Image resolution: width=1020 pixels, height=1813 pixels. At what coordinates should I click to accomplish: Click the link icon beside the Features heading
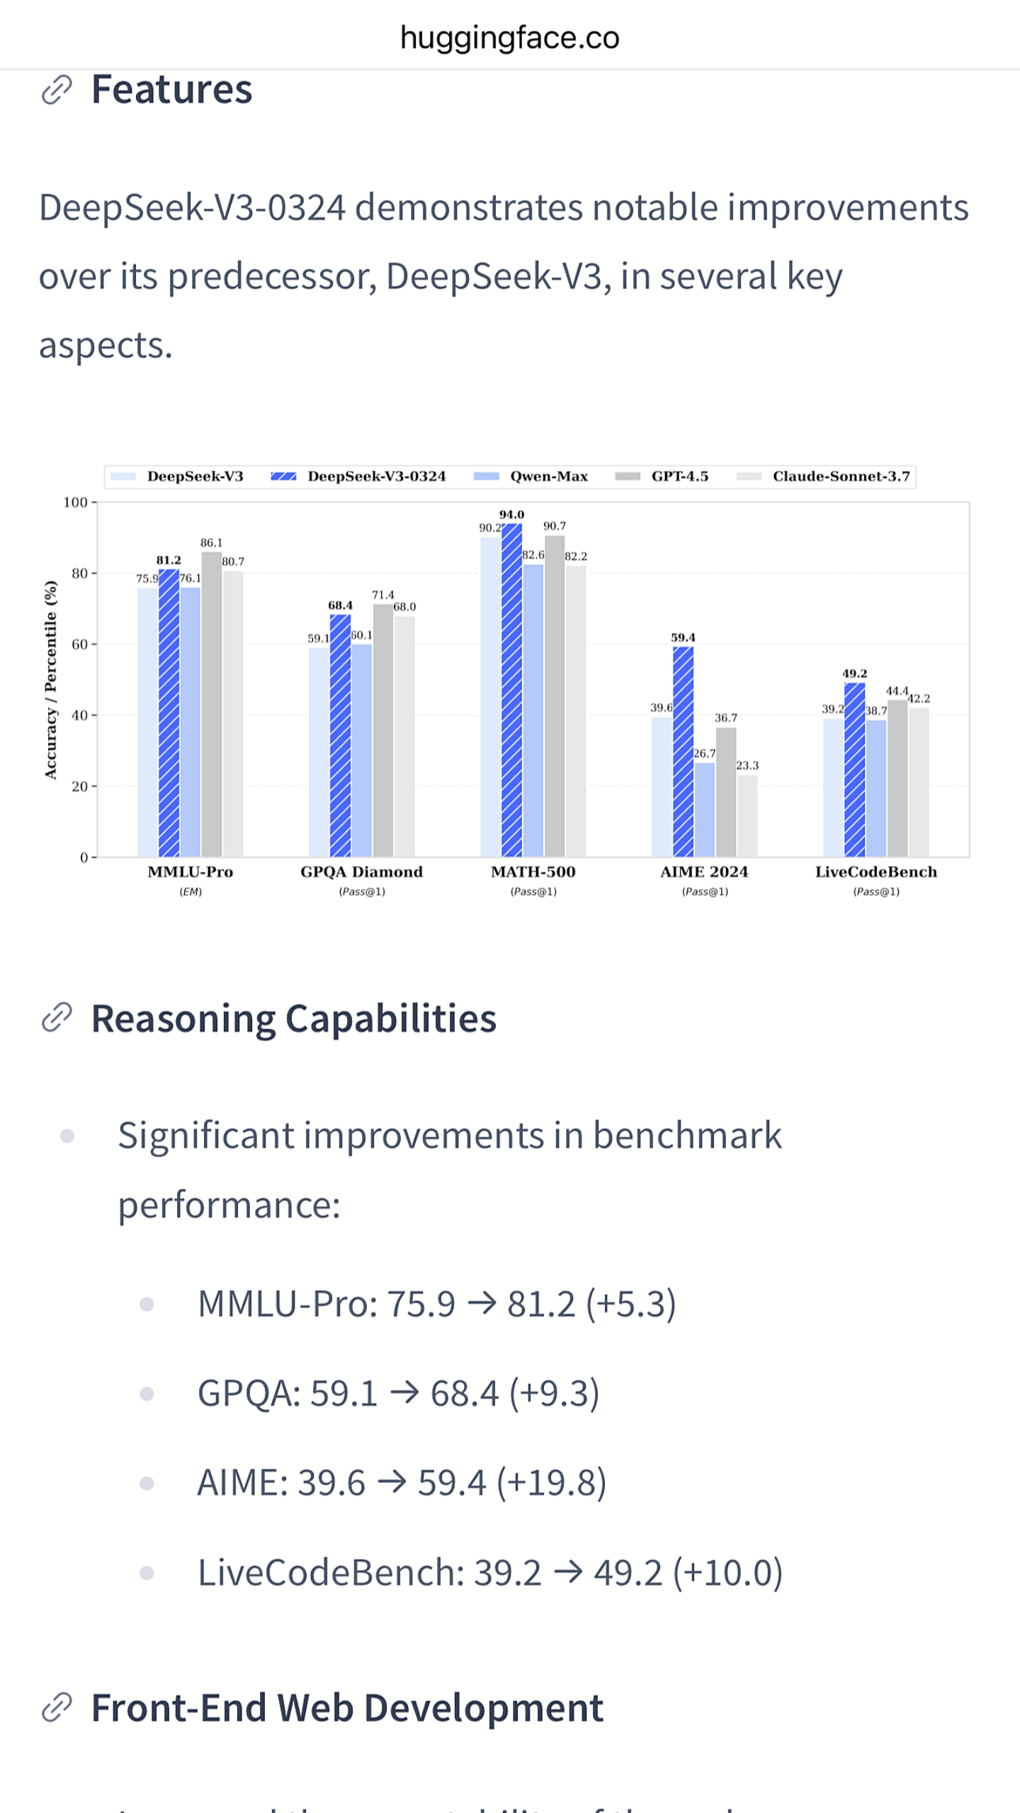(x=57, y=90)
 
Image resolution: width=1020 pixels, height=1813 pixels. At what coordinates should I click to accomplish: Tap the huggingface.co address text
(x=509, y=38)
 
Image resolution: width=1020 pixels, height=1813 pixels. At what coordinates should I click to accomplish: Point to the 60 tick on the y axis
(x=79, y=644)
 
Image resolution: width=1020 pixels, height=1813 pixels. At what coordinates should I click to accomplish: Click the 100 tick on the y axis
(x=75, y=503)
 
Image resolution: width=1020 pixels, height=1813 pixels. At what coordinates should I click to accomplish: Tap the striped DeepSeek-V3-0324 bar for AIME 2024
(x=683, y=751)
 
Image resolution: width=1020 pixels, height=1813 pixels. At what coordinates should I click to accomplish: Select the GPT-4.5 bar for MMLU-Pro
(x=211, y=705)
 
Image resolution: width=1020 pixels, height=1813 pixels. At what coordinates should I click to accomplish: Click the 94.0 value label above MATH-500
(x=511, y=515)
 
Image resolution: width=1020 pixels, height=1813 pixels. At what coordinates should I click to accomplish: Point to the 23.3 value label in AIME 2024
(x=747, y=766)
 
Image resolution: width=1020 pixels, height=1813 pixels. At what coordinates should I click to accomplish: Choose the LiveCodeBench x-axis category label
(x=875, y=872)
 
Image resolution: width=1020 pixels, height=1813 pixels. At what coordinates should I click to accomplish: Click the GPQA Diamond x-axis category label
(x=361, y=872)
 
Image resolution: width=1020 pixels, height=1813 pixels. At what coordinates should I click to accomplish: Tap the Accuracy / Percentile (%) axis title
(x=51, y=680)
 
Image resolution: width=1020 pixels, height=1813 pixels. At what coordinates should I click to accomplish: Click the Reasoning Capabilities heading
(x=293, y=1019)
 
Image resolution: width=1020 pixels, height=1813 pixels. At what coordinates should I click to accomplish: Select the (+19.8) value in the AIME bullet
(x=551, y=1483)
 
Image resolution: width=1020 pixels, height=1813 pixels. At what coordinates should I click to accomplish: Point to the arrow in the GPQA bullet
(x=404, y=1393)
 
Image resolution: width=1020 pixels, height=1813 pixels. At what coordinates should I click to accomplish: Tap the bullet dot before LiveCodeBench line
(x=147, y=1574)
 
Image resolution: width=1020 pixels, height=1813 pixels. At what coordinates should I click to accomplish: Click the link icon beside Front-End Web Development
(x=57, y=1707)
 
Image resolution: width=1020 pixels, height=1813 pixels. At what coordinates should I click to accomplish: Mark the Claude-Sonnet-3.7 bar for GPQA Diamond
(x=404, y=737)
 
